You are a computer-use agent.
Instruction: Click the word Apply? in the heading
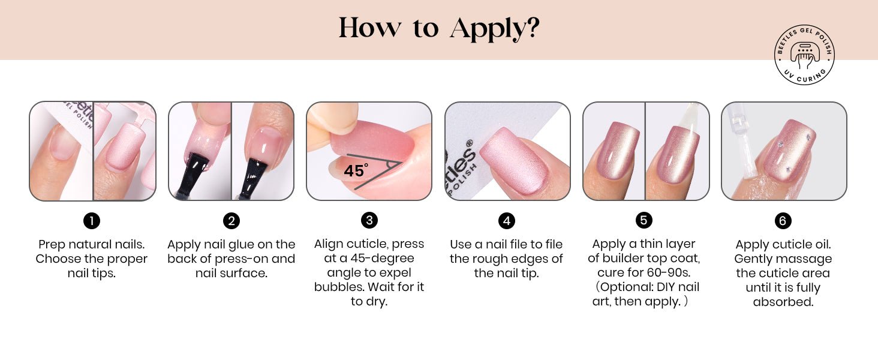point(495,29)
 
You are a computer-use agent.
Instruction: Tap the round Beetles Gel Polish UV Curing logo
point(804,55)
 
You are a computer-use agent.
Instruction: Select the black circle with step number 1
point(92,221)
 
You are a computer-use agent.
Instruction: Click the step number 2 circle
point(231,221)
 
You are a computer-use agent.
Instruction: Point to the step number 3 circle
point(369,220)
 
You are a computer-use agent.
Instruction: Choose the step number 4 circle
point(506,221)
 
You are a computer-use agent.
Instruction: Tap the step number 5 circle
point(644,220)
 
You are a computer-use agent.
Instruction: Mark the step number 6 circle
point(783,221)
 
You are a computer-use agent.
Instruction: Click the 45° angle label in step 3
point(356,170)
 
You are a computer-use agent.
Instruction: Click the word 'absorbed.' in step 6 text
point(783,302)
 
